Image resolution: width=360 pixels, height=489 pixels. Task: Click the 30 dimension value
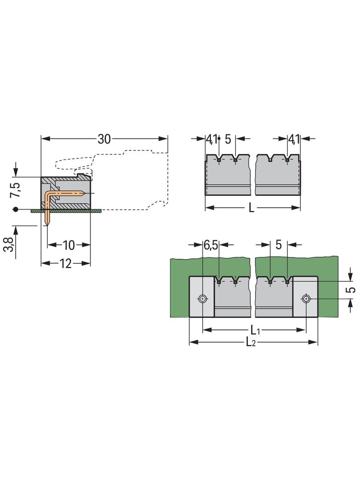pyautogui.click(x=104, y=139)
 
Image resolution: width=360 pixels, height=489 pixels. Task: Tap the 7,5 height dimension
pyautogui.click(x=15, y=189)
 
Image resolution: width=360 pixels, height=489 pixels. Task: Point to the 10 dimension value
pyautogui.click(x=68, y=245)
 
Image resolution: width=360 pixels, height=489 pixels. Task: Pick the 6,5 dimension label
pyautogui.click(x=211, y=245)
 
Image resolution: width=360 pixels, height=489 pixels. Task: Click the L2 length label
pyautogui.click(x=251, y=342)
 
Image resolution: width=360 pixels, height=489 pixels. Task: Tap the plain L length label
pyautogui.click(x=251, y=208)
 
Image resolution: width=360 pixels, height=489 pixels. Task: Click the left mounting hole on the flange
pyautogui.click(x=202, y=299)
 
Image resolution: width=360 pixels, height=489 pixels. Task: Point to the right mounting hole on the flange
pyautogui.click(x=306, y=299)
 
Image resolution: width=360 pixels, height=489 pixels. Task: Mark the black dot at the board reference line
pyautogui.click(x=16, y=210)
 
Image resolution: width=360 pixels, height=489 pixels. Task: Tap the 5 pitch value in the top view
pyautogui.click(x=228, y=139)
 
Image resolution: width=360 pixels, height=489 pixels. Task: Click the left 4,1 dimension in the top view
pyautogui.click(x=211, y=139)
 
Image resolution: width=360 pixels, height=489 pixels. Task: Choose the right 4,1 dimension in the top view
pyautogui.click(x=294, y=139)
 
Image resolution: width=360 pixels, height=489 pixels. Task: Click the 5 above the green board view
pyautogui.click(x=278, y=245)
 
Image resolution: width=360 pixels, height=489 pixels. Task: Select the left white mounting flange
pyautogui.click(x=202, y=296)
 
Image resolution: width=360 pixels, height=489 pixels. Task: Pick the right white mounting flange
pyautogui.click(x=305, y=296)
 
